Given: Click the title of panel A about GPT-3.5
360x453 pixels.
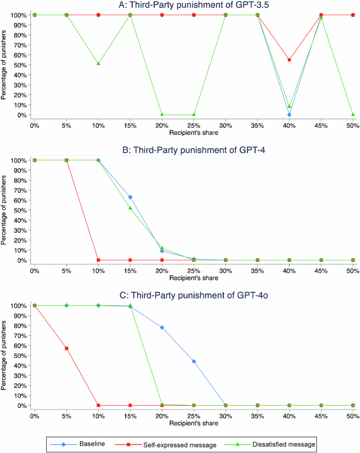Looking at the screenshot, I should click(x=193, y=5).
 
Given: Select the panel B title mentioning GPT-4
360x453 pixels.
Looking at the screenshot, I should click(x=193, y=150).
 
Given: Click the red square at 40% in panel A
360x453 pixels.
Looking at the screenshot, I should click(x=289, y=60).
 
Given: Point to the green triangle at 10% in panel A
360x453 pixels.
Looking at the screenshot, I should click(x=98, y=64).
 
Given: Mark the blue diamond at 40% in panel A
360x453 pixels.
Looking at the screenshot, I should click(x=289, y=115).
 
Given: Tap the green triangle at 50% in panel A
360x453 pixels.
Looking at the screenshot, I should click(x=353, y=114).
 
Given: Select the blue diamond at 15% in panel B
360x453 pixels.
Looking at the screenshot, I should click(x=130, y=197).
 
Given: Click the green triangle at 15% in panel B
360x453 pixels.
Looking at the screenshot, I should click(x=130, y=208).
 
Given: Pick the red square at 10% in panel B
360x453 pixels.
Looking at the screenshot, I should click(x=98, y=260).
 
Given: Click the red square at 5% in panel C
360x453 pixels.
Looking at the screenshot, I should click(x=66, y=348).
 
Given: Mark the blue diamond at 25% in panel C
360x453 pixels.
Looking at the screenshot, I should click(x=194, y=362).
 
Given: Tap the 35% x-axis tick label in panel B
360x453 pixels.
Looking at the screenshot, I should click(x=258, y=270).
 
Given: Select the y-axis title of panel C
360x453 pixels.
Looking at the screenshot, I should click(x=5, y=355).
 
